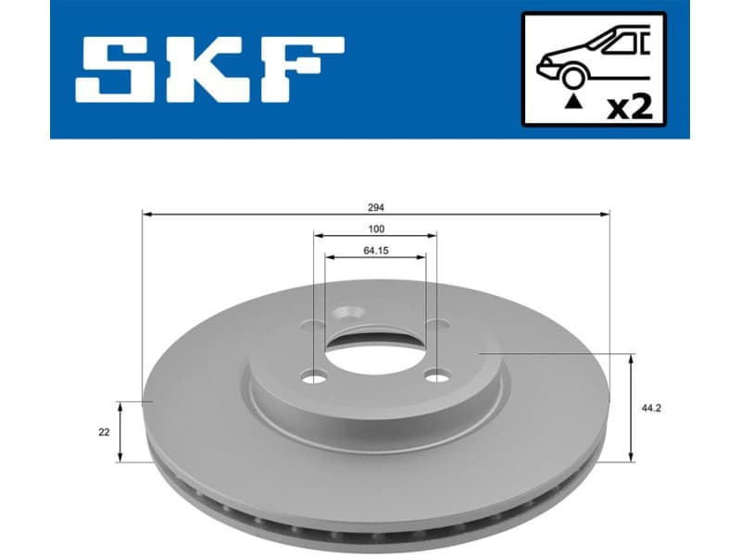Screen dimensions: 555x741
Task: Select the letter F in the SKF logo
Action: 299,69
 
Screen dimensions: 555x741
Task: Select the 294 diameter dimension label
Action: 376,205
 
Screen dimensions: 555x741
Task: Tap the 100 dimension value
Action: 376,228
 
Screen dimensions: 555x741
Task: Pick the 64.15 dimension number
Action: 376,250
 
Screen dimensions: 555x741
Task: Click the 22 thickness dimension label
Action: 104,432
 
